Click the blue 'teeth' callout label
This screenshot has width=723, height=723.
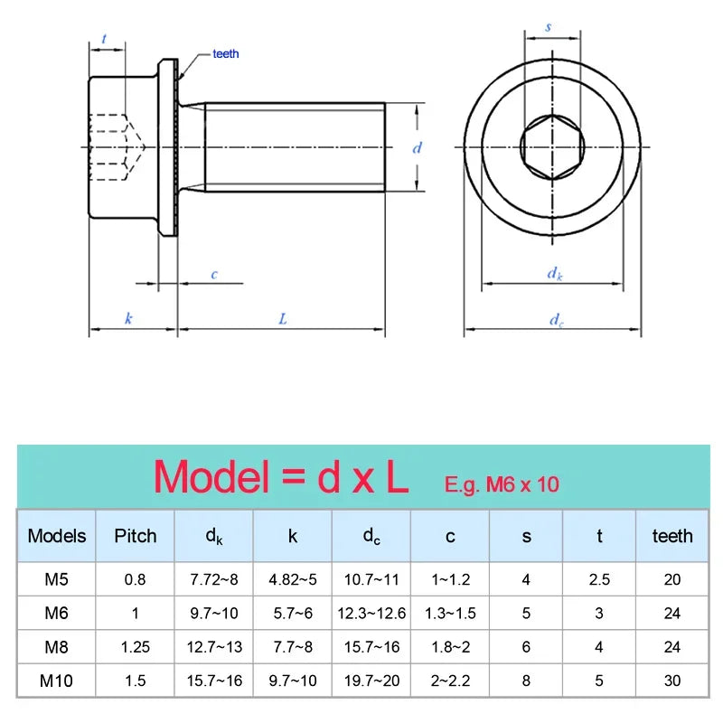pyautogui.click(x=225, y=54)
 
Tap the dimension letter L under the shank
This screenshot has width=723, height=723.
pyautogui.click(x=283, y=319)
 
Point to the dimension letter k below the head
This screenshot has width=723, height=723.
pyautogui.click(x=128, y=318)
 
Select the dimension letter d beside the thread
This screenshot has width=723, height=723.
pyautogui.click(x=417, y=147)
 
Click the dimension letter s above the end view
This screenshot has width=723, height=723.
pyautogui.click(x=549, y=27)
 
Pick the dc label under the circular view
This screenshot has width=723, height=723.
pyautogui.click(x=556, y=320)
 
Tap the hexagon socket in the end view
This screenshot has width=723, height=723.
pyautogui.click(x=552, y=147)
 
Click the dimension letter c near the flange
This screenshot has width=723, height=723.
pyautogui.click(x=214, y=275)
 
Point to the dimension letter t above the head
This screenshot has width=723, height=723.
pyautogui.click(x=104, y=39)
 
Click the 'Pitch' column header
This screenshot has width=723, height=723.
pyautogui.click(x=135, y=536)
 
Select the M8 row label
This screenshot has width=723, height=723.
pyautogui.click(x=56, y=647)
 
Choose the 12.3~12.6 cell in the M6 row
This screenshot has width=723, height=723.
pyautogui.click(x=371, y=614)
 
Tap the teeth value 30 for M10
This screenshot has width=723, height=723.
pyautogui.click(x=672, y=681)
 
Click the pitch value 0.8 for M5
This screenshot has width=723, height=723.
pyautogui.click(x=135, y=579)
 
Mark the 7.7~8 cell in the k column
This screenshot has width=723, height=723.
pyautogui.click(x=293, y=647)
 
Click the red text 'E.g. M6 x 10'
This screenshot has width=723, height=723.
pyautogui.click(x=502, y=484)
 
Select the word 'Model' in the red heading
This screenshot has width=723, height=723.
pyautogui.click(x=211, y=477)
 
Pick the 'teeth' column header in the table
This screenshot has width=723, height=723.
pyautogui.click(x=672, y=536)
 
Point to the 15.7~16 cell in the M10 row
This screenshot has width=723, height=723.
pyautogui.click(x=214, y=681)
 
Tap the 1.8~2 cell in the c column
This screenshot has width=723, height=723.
pyautogui.click(x=450, y=647)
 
